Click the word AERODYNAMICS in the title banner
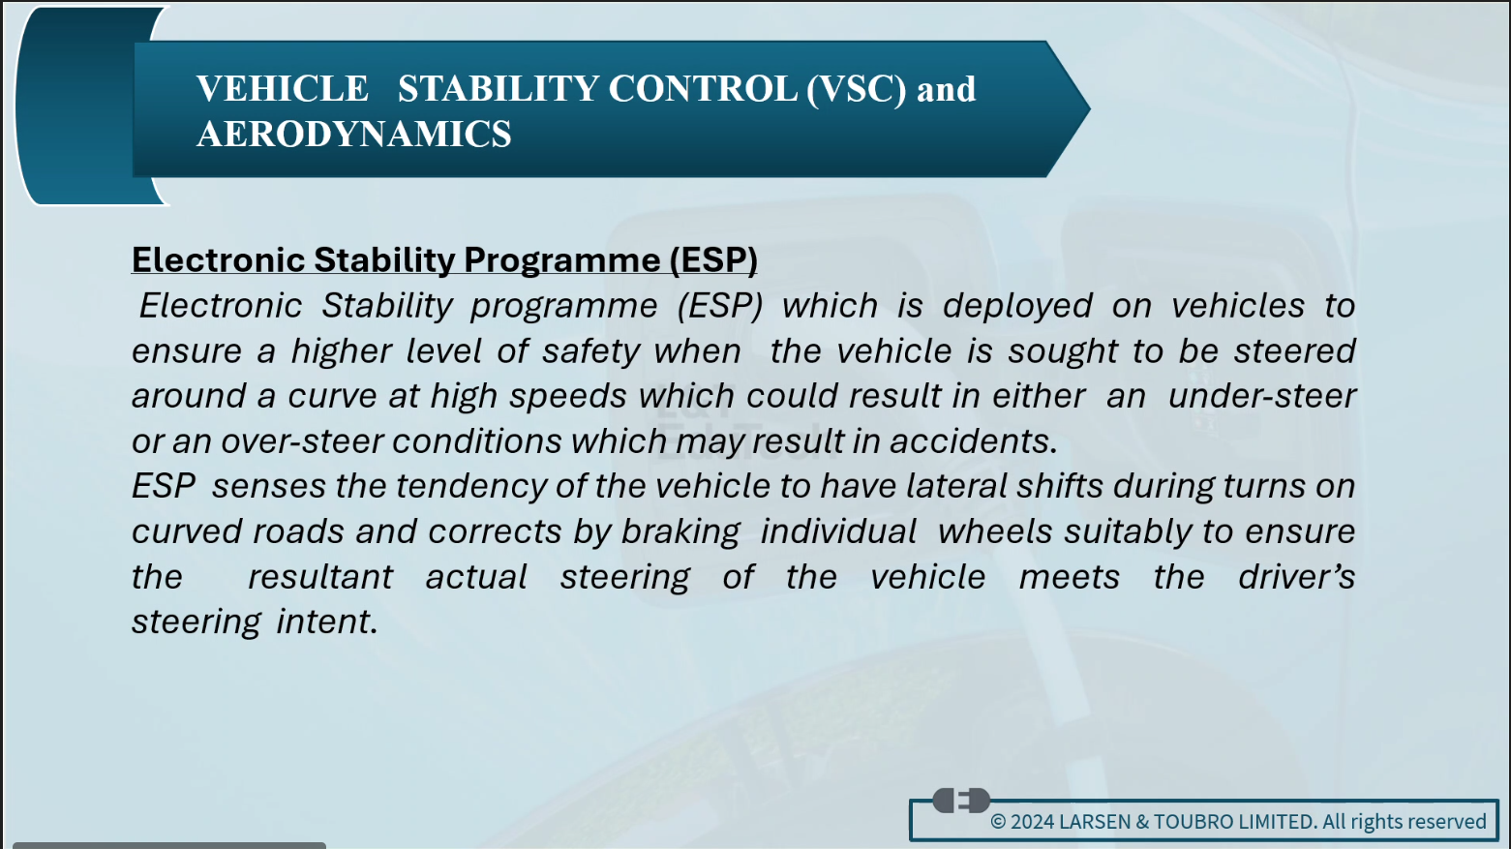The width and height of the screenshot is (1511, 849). pos(354,134)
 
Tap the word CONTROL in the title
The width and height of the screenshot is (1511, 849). pos(703,88)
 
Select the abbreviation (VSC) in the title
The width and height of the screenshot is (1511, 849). pos(857,89)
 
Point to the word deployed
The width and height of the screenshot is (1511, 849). pos(1017,307)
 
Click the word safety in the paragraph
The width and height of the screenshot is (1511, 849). pos(590,352)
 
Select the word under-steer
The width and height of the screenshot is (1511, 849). pos(1261,396)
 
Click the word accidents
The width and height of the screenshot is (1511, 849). pos(974,442)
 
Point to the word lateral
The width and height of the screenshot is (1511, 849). pos(955,487)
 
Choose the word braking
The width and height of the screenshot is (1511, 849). pos(680,532)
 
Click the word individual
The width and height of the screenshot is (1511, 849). pos(838,531)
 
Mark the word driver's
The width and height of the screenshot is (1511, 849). pos(1296,577)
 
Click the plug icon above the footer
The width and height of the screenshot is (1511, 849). pos(961,801)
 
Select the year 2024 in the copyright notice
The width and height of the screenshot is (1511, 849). pos(1032,822)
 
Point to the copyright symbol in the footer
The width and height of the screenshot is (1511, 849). pos(998,822)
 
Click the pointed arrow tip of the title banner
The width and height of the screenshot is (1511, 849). pos(1089,108)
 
